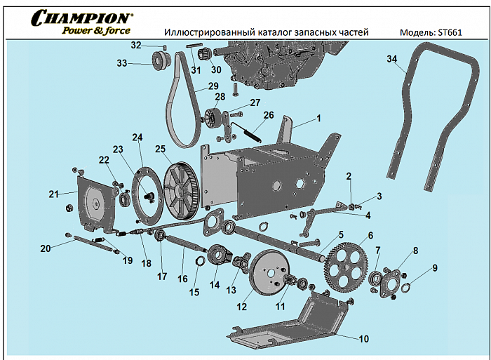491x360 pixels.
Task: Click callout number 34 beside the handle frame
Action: pos(391,59)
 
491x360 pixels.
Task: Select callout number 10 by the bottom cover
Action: pos(363,339)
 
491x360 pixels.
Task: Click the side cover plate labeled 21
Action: pos(93,204)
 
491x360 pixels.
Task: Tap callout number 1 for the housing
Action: pos(318,119)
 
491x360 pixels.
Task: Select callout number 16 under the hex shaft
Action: pos(182,279)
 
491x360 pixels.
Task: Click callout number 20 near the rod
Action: pos(46,248)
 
